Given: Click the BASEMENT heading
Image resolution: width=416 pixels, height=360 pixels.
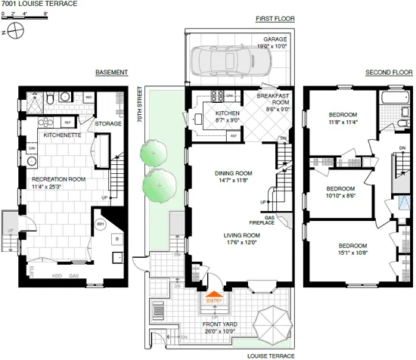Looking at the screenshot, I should (x=111, y=73).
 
